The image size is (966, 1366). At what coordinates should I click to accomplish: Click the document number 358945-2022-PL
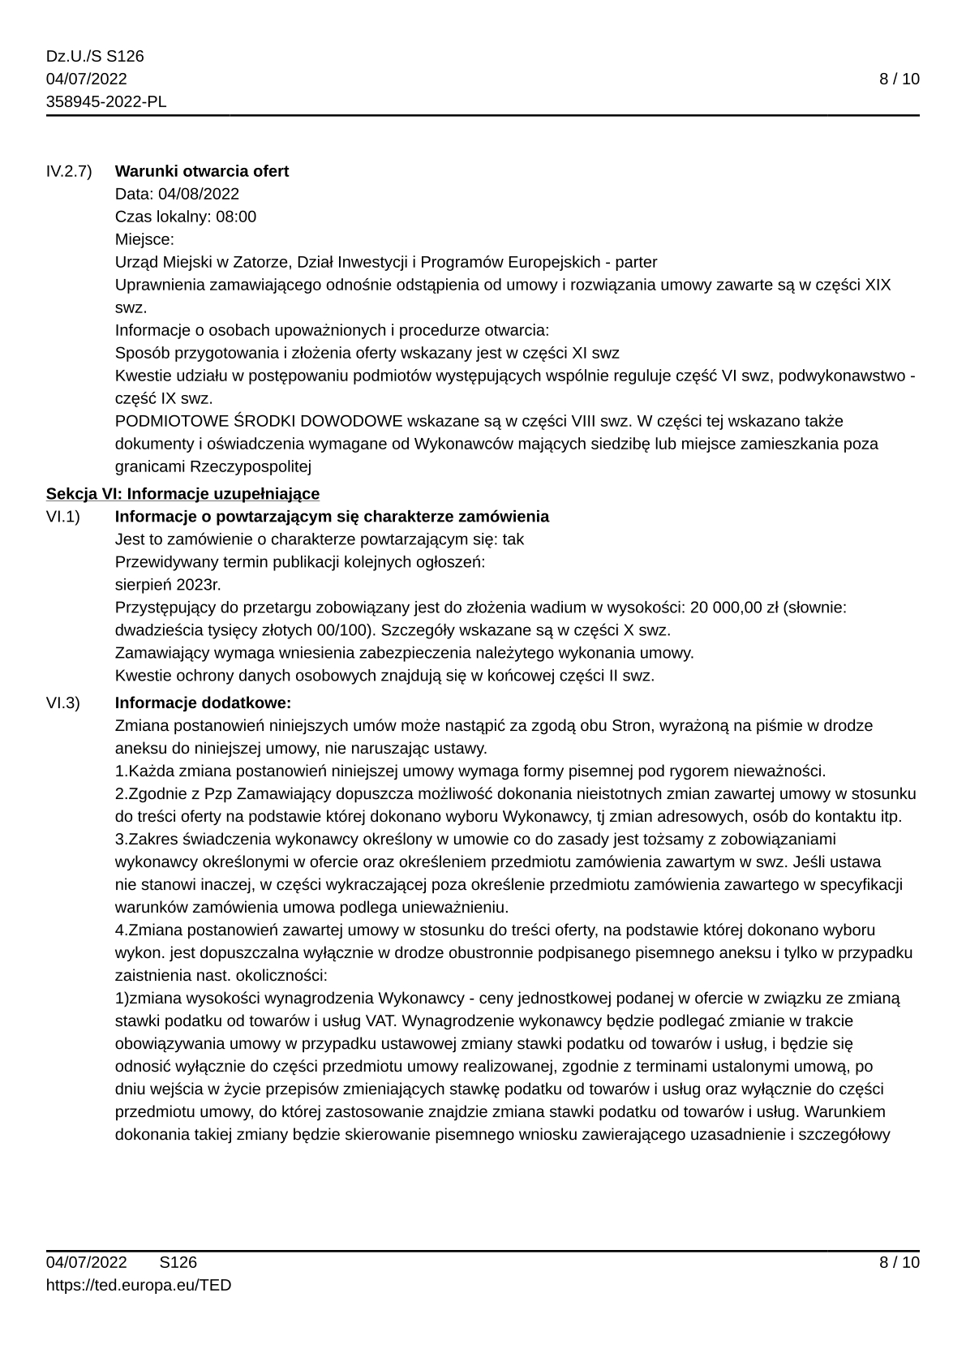tap(106, 101)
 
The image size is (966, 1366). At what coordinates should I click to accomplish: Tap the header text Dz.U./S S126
tap(95, 56)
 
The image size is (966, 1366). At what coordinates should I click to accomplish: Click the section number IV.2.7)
tap(69, 171)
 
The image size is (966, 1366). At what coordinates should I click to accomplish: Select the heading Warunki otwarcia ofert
tap(202, 171)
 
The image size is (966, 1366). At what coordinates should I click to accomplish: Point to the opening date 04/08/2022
tap(199, 194)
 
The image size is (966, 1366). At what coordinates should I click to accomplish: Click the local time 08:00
tap(236, 217)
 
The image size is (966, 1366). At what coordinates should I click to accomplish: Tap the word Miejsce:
tap(144, 239)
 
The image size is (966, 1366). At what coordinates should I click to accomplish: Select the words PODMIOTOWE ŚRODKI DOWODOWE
tap(259, 421)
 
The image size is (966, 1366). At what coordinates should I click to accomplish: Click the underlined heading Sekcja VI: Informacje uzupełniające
tap(182, 494)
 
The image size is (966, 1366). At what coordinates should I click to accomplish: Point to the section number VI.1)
tap(63, 517)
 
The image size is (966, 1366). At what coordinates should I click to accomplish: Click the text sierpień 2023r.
tap(168, 585)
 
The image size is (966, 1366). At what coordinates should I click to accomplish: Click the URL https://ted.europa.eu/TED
tap(139, 1285)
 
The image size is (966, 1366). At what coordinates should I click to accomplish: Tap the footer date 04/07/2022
tap(87, 1262)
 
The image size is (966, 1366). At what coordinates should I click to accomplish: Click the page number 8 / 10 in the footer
tap(899, 1262)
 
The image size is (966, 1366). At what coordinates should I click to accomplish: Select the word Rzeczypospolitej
tap(251, 466)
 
